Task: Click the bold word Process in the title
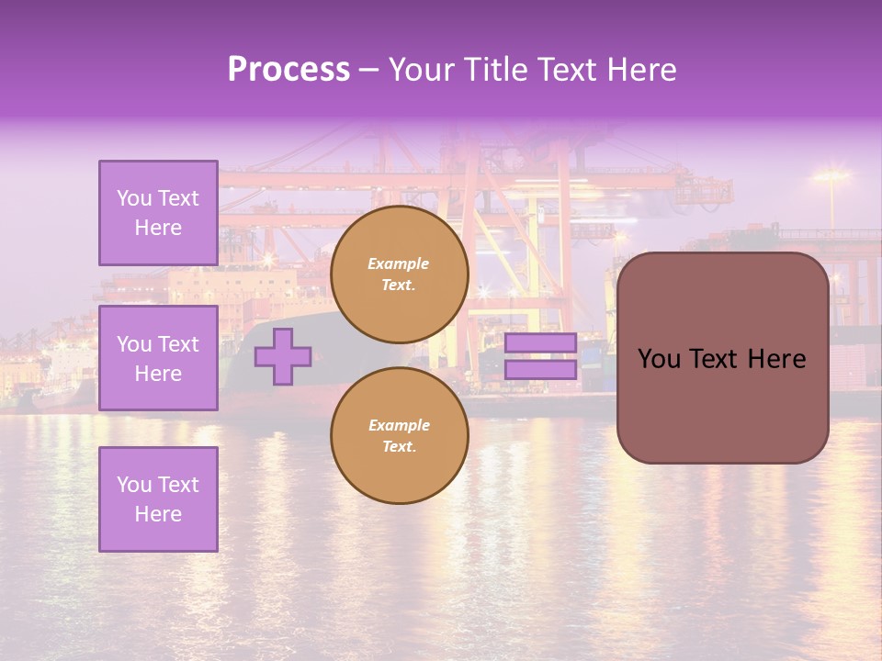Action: pos(288,69)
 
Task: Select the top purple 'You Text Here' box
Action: pos(158,213)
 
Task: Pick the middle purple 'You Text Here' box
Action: pos(158,358)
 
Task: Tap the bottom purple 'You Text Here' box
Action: pos(158,499)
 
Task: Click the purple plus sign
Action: pos(283,356)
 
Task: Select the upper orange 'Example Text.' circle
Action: pos(400,274)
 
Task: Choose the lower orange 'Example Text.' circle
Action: pos(400,436)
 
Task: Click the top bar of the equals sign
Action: pos(540,343)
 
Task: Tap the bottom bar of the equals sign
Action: pos(540,370)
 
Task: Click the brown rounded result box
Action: pos(722,404)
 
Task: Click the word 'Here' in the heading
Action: pos(640,69)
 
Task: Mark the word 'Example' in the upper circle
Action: pos(398,263)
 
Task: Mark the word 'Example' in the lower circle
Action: pos(399,425)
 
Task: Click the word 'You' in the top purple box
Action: pos(134,198)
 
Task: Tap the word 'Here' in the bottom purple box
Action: pos(158,514)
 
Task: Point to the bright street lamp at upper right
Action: pos(831,175)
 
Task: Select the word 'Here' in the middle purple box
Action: pos(158,374)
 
